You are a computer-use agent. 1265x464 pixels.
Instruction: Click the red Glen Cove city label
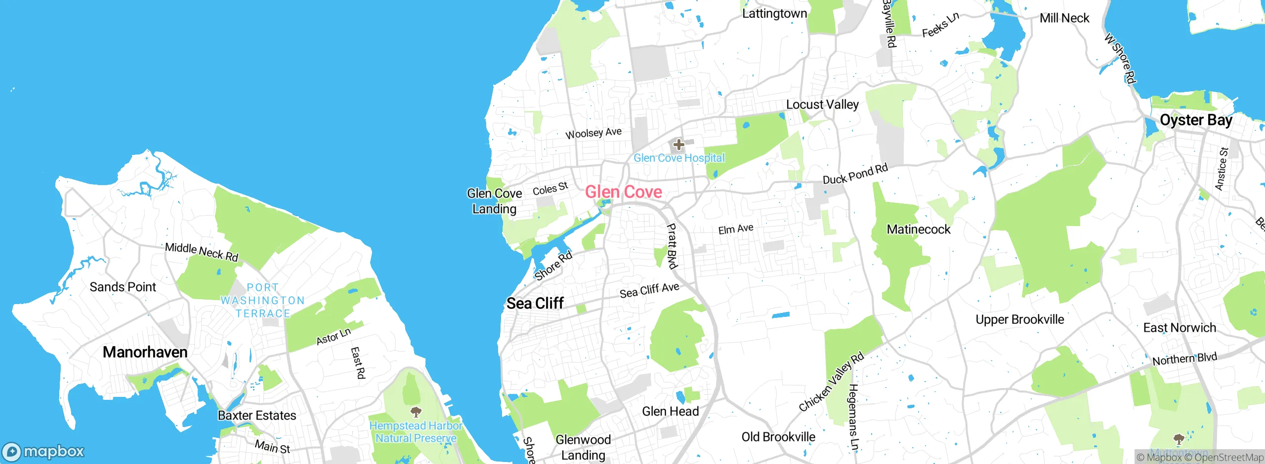pos(624,192)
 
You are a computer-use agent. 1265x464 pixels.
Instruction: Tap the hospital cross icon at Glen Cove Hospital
pos(678,145)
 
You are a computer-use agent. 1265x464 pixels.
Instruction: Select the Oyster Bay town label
pos(1196,120)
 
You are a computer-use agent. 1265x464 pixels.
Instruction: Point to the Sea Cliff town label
pos(535,303)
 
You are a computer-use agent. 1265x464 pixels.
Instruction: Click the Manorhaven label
pos(145,352)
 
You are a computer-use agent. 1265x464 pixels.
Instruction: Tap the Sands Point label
pos(123,287)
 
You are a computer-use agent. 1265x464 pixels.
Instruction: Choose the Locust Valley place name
pos(822,105)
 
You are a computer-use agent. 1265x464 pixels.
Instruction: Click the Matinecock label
pos(919,229)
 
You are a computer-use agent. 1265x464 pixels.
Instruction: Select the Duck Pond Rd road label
pos(855,174)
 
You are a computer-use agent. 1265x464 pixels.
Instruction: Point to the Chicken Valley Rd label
pos(831,382)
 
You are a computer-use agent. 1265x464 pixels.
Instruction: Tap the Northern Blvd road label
pos(1184,359)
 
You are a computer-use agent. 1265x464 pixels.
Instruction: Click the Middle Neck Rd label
pos(202,252)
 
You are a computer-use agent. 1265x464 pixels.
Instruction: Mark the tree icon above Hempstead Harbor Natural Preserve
pos(416,411)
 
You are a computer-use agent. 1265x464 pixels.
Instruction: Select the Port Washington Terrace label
pos(262,300)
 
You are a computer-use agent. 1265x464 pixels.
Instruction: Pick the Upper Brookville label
pos(1019,319)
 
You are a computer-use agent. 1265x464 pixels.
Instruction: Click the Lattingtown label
pos(774,13)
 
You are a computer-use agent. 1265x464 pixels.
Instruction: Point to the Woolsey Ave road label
pos(593,133)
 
